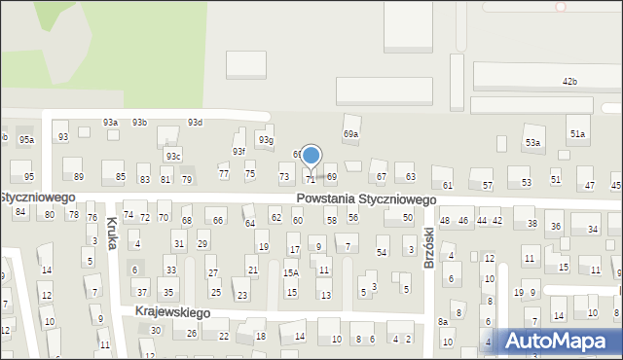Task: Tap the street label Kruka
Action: (112, 233)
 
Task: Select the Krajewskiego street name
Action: (173, 312)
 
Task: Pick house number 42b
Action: (569, 81)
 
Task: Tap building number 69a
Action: (350, 133)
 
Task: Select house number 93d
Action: (195, 123)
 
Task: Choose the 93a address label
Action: (111, 123)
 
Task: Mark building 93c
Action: (172, 156)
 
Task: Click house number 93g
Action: (265, 140)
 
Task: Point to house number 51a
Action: (578, 133)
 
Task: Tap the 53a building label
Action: (532, 143)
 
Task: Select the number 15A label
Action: (290, 273)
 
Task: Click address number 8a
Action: (442, 321)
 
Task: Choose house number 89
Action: (79, 176)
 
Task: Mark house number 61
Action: (448, 185)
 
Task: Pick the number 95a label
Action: (26, 140)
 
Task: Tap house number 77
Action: (223, 173)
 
